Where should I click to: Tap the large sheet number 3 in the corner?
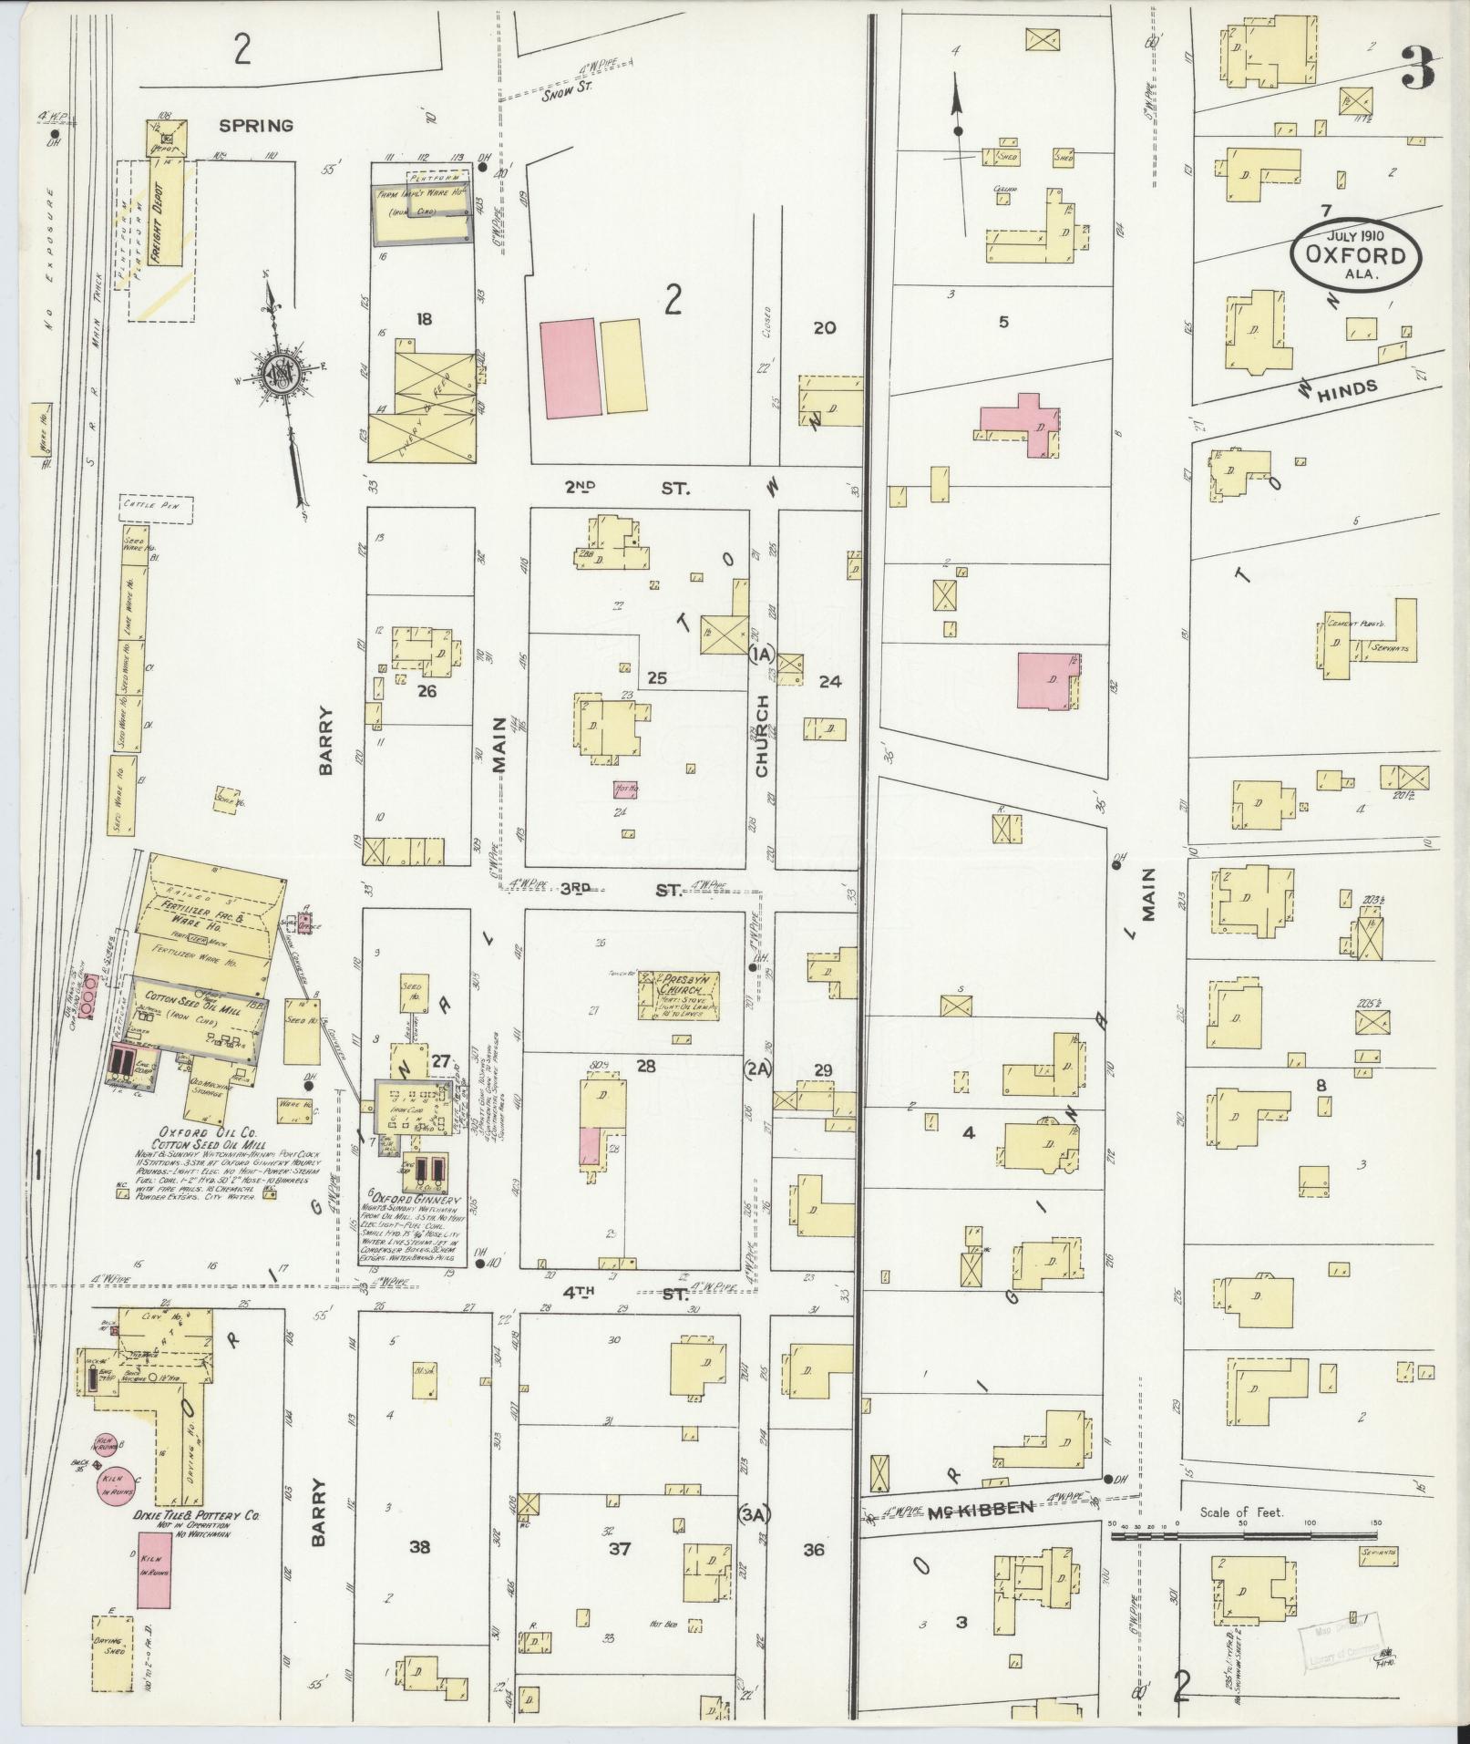click(x=1417, y=68)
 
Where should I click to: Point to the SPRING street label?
click(x=255, y=126)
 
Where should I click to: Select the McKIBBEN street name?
click(x=994, y=1510)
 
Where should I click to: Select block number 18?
click(x=423, y=319)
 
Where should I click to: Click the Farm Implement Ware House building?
click(x=423, y=216)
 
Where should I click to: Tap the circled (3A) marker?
click(x=756, y=1514)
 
